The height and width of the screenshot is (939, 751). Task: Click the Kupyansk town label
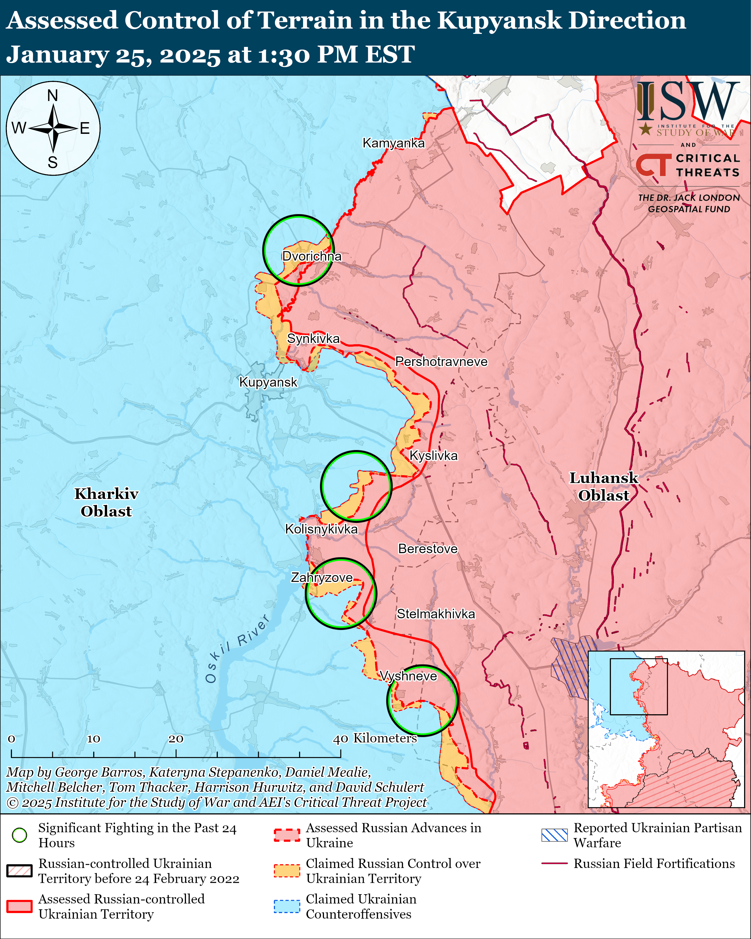[x=268, y=382]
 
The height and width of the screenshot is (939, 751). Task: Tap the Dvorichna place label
[x=312, y=256]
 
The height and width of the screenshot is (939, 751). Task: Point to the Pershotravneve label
[x=441, y=362]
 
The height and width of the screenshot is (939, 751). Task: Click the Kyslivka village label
[x=434, y=456]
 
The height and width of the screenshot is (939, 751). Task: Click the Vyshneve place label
[x=408, y=676]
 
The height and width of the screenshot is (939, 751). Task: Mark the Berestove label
[x=428, y=549]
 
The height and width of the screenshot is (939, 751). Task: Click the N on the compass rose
[x=53, y=95]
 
